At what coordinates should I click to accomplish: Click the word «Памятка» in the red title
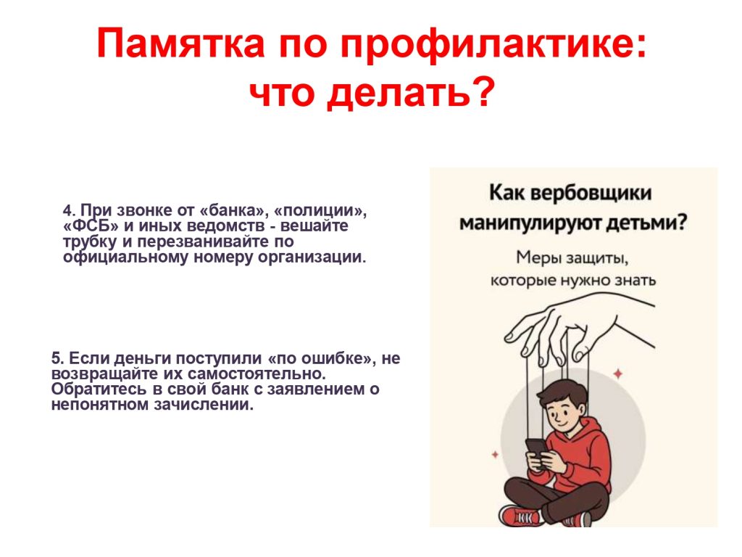coord(180,44)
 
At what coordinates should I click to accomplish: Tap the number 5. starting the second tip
coord(57,358)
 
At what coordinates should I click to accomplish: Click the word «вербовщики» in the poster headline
coord(590,193)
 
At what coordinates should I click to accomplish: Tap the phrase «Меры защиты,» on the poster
coord(572,258)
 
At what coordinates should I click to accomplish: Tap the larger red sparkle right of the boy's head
coord(618,374)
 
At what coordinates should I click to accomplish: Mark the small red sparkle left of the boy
coord(495,455)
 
